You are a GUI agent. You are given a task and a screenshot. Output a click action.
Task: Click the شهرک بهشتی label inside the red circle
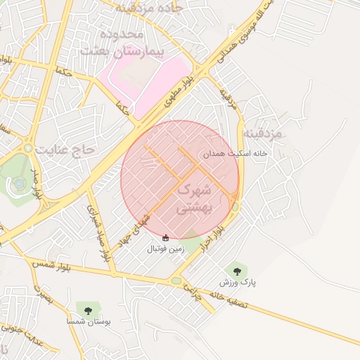click(192, 198)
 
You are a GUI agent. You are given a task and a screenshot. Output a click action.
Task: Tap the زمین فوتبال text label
click(165, 249)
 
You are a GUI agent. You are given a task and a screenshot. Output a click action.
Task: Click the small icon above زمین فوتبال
click(165, 238)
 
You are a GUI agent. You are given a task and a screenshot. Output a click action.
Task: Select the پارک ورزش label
click(237, 282)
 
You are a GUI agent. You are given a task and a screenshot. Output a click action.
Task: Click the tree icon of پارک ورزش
click(236, 269)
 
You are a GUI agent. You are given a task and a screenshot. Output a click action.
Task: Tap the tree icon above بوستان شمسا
click(87, 309)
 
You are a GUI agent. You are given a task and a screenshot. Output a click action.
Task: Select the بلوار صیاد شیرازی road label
click(98, 233)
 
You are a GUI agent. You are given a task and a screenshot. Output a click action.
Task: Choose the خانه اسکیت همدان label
click(233, 153)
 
